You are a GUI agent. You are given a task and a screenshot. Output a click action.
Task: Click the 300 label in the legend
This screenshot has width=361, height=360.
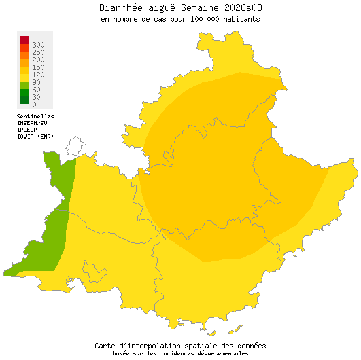tap(38, 45)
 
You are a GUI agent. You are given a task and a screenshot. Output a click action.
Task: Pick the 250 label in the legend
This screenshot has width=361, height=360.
tap(38, 52)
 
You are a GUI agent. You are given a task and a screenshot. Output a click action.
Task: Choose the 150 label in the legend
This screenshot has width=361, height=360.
tap(38, 67)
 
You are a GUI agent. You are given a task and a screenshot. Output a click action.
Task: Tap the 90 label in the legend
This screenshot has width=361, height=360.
tap(36, 82)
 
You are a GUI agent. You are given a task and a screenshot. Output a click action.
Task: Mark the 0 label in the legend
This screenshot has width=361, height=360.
tap(34, 105)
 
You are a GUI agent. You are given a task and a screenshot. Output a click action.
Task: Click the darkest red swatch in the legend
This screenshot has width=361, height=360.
tap(24, 39)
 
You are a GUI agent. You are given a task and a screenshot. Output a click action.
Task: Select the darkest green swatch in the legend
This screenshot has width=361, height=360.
tap(24, 100)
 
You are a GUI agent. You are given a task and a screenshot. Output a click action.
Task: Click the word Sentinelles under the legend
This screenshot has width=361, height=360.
tap(35, 117)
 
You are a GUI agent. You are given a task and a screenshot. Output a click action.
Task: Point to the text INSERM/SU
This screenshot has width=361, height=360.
tap(32, 123)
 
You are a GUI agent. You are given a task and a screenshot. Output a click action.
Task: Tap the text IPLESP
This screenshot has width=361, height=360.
tap(27, 130)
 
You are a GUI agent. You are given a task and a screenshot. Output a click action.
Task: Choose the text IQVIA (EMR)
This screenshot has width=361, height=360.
tap(35, 137)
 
